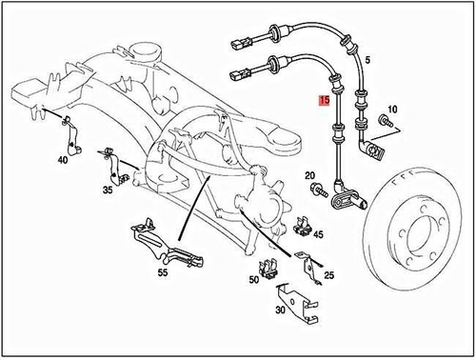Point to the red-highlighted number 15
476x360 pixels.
(x=325, y=98)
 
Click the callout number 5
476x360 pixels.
(x=368, y=60)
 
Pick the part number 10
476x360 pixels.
(x=393, y=111)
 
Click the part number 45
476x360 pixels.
(x=318, y=234)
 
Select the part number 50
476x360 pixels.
(x=254, y=280)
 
